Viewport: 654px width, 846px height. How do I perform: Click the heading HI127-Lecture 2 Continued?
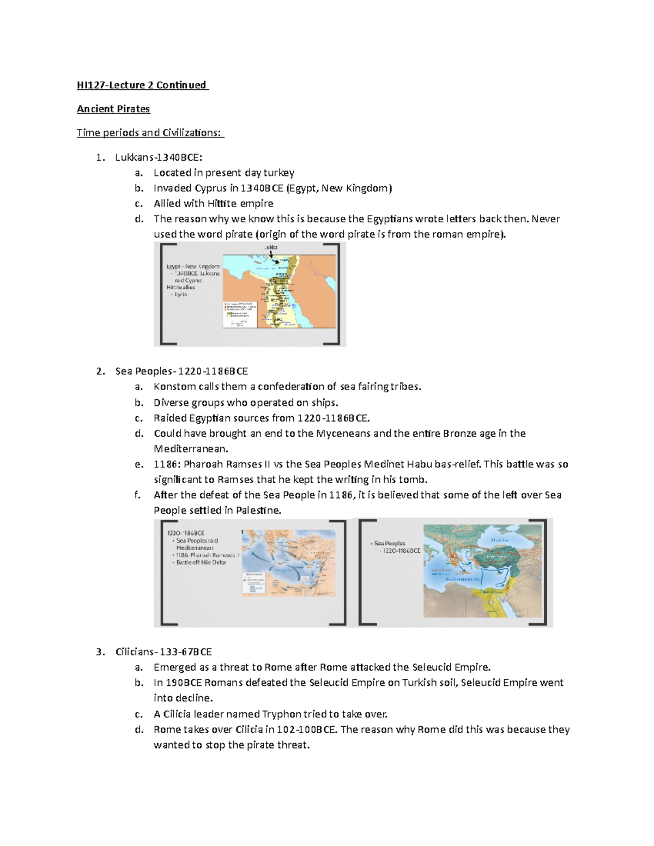point(142,85)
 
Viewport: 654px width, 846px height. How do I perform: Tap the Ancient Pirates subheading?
point(113,109)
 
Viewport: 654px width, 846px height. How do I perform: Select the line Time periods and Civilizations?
point(150,133)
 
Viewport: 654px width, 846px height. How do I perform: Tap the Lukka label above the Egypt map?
point(271,247)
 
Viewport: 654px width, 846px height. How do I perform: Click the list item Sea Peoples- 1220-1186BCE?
point(181,372)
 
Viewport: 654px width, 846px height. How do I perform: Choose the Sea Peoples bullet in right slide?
point(390,544)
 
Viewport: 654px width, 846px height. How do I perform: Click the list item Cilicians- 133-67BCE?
point(163,652)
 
